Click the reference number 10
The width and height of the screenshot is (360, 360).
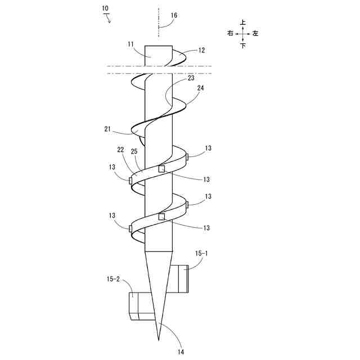click(106, 8)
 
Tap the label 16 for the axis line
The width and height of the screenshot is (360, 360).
click(174, 16)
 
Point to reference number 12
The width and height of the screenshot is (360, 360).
click(201, 50)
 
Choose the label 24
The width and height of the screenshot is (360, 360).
click(201, 88)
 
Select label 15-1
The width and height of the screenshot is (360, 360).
click(201, 254)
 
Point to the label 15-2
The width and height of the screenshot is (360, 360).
click(113, 278)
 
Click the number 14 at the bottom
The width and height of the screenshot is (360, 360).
click(180, 352)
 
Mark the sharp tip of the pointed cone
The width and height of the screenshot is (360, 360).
click(159, 339)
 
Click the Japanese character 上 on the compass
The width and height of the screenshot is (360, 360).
click(243, 22)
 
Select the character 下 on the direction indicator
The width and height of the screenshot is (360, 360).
click(243, 46)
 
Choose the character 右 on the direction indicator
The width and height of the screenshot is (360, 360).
click(230, 34)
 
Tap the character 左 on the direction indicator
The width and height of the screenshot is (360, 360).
click(255, 34)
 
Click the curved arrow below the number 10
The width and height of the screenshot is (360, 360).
click(109, 18)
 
